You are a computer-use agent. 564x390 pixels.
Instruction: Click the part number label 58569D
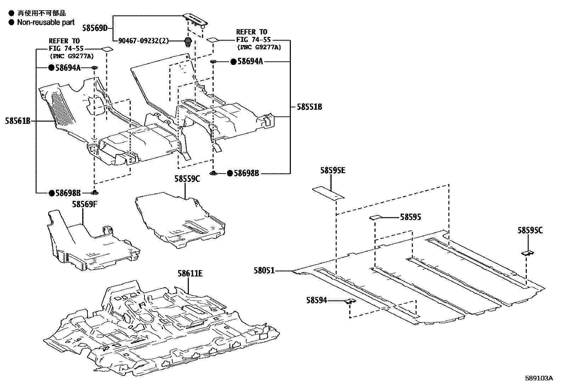[95, 28]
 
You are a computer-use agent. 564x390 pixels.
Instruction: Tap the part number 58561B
[18, 121]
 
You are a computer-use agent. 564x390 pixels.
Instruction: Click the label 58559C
[187, 179]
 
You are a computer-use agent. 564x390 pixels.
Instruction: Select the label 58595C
[530, 231]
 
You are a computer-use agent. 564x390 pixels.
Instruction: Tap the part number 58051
[264, 271]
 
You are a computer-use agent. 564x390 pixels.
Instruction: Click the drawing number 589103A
[539, 378]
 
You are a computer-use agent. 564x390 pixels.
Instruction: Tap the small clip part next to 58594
[350, 302]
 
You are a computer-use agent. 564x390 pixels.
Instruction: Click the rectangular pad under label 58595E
[327, 193]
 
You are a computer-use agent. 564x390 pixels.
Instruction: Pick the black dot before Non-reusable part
[12, 22]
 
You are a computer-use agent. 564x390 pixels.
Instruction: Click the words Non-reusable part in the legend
[46, 22]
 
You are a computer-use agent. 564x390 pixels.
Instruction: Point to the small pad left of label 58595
[375, 217]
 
